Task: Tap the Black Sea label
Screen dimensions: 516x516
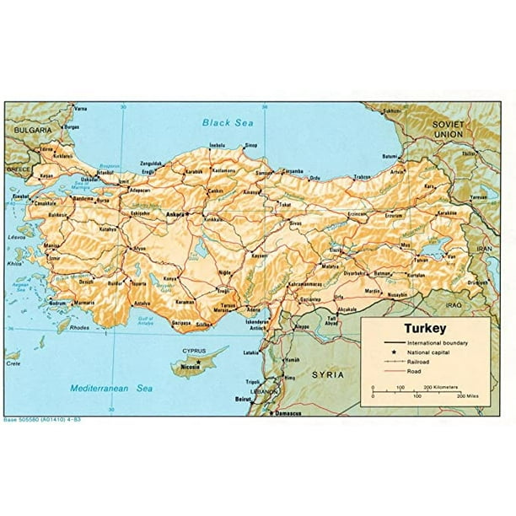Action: (228, 123)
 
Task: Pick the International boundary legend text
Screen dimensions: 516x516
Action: (437, 343)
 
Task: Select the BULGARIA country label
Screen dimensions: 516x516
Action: (32, 131)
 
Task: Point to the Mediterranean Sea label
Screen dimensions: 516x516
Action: (112, 389)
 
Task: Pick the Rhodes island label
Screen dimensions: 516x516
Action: (78, 328)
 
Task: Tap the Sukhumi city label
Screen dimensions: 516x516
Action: (391, 110)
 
